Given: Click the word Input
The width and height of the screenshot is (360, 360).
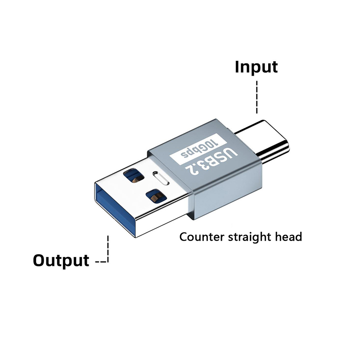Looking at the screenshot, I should [x=256, y=67].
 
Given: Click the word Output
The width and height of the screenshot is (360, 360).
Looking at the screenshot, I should [x=61, y=260].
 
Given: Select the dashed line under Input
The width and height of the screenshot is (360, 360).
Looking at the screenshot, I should [x=256, y=97].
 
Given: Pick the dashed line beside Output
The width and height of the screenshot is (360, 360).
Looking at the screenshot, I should [x=107, y=252].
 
